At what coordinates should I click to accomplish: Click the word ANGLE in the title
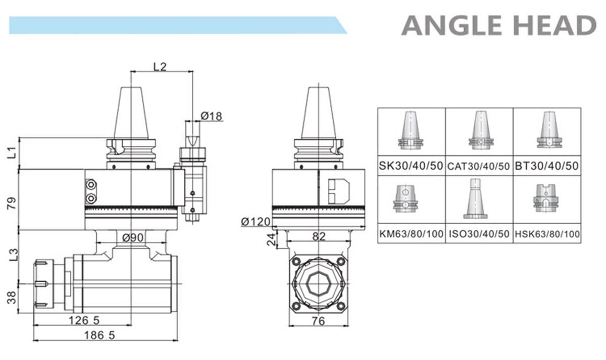click(452, 25)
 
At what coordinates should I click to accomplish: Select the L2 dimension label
click(160, 67)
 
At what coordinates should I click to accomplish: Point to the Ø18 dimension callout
click(211, 116)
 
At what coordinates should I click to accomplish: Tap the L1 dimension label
click(12, 152)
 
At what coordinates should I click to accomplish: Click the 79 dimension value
click(12, 203)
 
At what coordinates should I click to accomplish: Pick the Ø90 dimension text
click(132, 237)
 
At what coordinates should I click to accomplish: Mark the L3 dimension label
click(13, 255)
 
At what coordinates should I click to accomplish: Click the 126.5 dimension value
click(84, 321)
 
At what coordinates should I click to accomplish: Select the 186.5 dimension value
click(99, 335)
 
